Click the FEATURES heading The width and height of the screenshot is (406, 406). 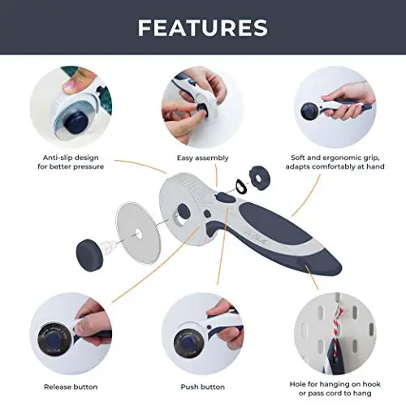[203, 28]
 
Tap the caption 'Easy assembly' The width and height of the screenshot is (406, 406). [203, 158]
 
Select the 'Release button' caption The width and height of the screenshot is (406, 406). [71, 387]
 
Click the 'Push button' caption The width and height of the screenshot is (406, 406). [203, 387]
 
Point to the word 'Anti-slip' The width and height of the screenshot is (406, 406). [56, 158]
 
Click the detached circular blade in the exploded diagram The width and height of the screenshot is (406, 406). [139, 233]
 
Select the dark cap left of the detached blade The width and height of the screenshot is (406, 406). [89, 255]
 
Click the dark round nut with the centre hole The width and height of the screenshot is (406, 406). [260, 178]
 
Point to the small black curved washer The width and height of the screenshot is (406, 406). [240, 187]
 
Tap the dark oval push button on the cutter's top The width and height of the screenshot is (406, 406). [227, 198]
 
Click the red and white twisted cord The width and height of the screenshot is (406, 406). [337, 326]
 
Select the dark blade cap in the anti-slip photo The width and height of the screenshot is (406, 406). [77, 123]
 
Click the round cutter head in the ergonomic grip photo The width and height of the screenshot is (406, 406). [310, 111]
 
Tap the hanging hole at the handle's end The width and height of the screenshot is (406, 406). [302, 262]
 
